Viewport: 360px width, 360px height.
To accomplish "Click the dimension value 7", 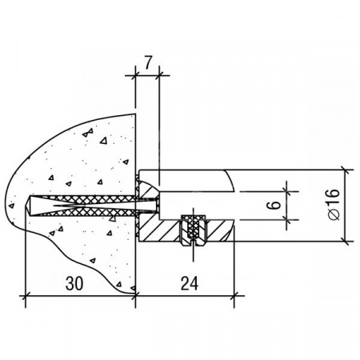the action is pyautogui.click(x=148, y=63).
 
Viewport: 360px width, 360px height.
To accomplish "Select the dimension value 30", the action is pyautogui.click(x=74, y=283).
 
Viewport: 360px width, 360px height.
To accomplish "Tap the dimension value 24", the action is pyautogui.click(x=190, y=283).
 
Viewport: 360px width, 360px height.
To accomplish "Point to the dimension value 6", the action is pyautogui.click(x=274, y=205).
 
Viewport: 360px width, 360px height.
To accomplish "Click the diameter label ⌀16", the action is pyautogui.click(x=334, y=205).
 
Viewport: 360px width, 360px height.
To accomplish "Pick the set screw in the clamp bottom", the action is pyautogui.click(x=193, y=230).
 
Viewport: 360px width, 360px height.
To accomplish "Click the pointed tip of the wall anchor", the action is pyautogui.click(x=27, y=206).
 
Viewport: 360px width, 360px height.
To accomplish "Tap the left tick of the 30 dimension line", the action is pyautogui.click(x=26, y=295).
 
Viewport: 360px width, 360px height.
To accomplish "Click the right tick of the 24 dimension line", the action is pyautogui.click(x=234, y=295).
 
